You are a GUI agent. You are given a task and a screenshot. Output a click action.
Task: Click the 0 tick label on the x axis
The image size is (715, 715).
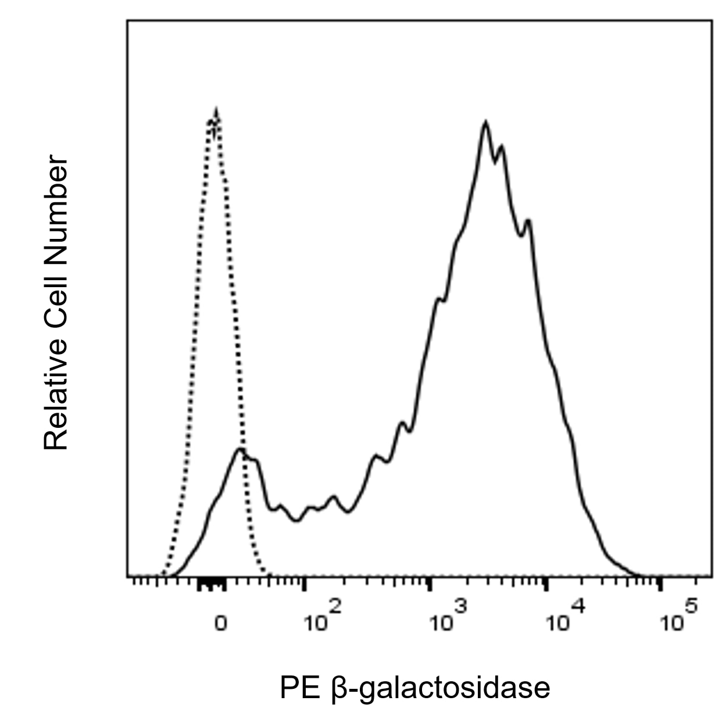tap(220, 624)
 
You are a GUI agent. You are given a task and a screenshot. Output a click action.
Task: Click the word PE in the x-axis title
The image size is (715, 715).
tap(299, 688)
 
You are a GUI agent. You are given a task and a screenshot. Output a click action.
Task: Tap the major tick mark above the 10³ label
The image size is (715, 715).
tap(430, 583)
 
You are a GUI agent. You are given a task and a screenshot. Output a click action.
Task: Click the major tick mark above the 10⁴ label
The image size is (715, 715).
tap(546, 583)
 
